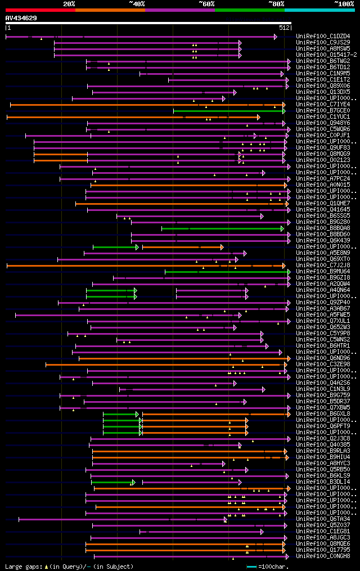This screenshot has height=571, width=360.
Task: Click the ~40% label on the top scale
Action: click(137, 4)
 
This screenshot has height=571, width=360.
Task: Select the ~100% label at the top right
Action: click(344, 4)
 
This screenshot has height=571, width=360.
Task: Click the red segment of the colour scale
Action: click(40, 10)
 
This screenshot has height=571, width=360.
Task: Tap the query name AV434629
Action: click(21, 18)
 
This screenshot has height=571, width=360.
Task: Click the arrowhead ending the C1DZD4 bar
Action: click(275, 37)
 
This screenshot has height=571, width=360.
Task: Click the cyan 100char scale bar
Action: click(251, 566)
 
